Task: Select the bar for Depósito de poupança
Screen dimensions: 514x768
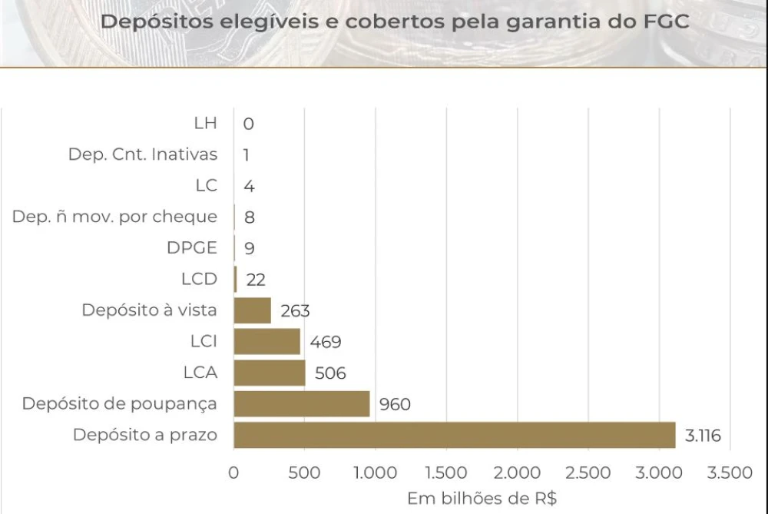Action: tap(302, 403)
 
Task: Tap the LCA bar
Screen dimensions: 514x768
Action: tap(270, 373)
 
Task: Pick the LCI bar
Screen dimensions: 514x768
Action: tap(267, 342)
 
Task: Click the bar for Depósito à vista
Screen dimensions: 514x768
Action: tap(253, 310)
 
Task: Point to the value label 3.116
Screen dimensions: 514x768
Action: tap(703, 436)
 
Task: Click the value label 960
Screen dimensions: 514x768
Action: tap(395, 404)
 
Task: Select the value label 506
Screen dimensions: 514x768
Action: tap(330, 373)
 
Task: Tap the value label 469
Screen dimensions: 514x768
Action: tap(326, 342)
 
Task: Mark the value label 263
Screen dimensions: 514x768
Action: tap(295, 311)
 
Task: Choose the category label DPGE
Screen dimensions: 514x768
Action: tap(191, 248)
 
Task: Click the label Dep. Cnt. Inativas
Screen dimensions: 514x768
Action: tap(143, 154)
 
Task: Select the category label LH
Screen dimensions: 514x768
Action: tap(206, 123)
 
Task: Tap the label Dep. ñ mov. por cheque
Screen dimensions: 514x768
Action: tap(114, 217)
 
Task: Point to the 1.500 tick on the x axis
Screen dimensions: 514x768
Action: tap(445, 473)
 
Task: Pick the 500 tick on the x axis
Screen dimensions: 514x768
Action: tap(305, 473)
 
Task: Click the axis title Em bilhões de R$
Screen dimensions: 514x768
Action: tap(482, 498)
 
